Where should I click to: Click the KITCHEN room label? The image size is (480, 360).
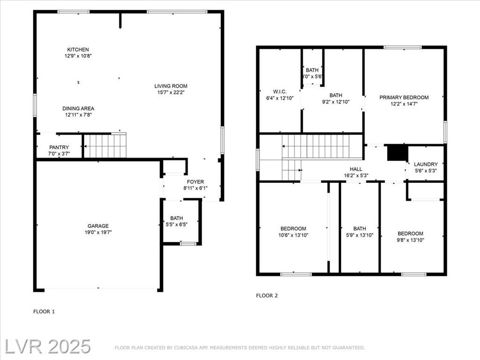point(78,50)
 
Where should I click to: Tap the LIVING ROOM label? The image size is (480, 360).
point(171,86)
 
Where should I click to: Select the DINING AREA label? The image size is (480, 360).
point(78,108)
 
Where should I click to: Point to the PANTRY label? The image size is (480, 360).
point(59,147)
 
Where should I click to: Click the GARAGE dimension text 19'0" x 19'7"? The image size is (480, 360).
point(98,232)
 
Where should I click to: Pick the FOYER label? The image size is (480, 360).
point(195,182)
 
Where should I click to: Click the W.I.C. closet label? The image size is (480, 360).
point(280,91)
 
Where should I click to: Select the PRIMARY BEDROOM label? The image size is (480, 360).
point(404,97)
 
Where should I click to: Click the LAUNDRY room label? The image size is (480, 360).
point(426,165)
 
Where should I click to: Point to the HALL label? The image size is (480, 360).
point(356,169)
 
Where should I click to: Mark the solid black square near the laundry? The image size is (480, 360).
point(397,153)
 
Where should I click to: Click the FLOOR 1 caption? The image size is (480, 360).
point(44,312)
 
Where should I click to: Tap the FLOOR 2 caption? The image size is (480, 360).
point(267,296)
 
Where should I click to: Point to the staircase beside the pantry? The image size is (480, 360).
point(105,146)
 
